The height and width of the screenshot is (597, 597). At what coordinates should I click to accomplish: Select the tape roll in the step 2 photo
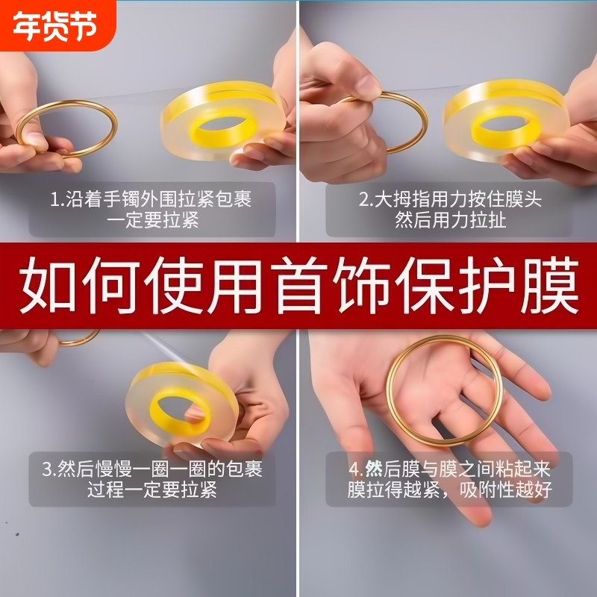504,119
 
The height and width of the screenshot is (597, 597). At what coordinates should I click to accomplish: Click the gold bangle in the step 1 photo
67,128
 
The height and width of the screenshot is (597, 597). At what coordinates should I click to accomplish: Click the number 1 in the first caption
54,200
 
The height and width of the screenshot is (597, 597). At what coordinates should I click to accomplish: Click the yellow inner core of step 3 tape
179,407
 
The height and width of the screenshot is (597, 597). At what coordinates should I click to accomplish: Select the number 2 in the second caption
363,200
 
